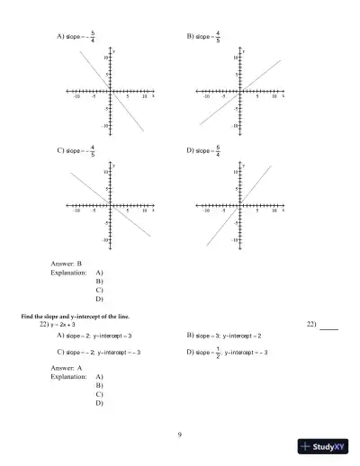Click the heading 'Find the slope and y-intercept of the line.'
coord(78,318)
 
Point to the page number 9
coord(180,435)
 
